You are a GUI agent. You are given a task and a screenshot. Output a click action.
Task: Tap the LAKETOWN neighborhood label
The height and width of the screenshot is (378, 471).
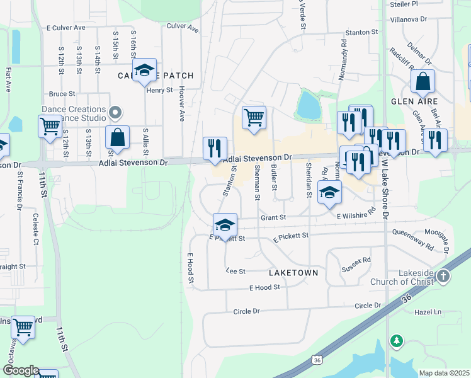(x=293, y=273)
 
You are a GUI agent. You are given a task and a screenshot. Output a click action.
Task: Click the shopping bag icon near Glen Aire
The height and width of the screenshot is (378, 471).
(x=423, y=82)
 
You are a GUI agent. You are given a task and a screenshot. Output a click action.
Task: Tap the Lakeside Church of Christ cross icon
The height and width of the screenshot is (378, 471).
(x=444, y=276)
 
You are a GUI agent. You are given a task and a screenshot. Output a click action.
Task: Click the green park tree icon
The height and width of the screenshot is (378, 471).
(x=396, y=341)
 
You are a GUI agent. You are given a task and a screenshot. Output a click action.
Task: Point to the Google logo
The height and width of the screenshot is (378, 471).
(x=20, y=370)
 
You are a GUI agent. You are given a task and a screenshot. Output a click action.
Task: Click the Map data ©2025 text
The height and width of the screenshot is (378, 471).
(x=443, y=373)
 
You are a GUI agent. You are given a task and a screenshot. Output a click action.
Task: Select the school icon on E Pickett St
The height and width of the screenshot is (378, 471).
(x=225, y=224)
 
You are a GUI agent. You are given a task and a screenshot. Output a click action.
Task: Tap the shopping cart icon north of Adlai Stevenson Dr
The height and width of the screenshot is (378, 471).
(x=253, y=117)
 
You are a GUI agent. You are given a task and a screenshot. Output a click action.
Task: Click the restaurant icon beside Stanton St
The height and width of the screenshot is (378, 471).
(x=215, y=149)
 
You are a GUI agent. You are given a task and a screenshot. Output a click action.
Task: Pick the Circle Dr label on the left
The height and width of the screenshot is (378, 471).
(x=246, y=311)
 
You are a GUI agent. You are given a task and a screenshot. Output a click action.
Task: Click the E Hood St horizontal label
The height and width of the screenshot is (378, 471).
(x=263, y=287)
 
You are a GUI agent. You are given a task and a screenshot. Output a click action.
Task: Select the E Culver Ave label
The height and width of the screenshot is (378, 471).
(x=66, y=28)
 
